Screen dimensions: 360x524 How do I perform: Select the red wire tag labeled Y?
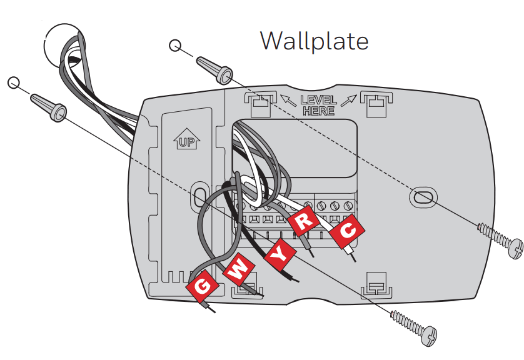(x=278, y=252)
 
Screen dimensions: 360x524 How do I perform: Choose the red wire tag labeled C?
(x=346, y=232)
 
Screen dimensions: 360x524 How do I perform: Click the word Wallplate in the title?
(x=314, y=41)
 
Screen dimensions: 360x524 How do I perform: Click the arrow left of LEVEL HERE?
(x=287, y=99)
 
